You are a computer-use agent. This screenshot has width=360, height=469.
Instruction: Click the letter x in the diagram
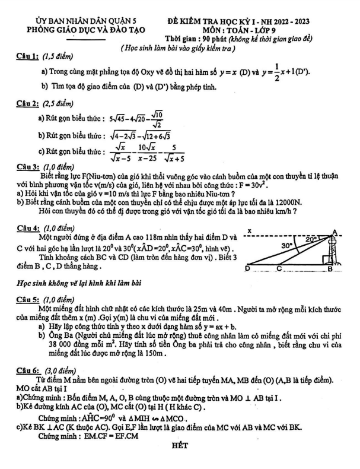pyautogui.click(x=250, y=230)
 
